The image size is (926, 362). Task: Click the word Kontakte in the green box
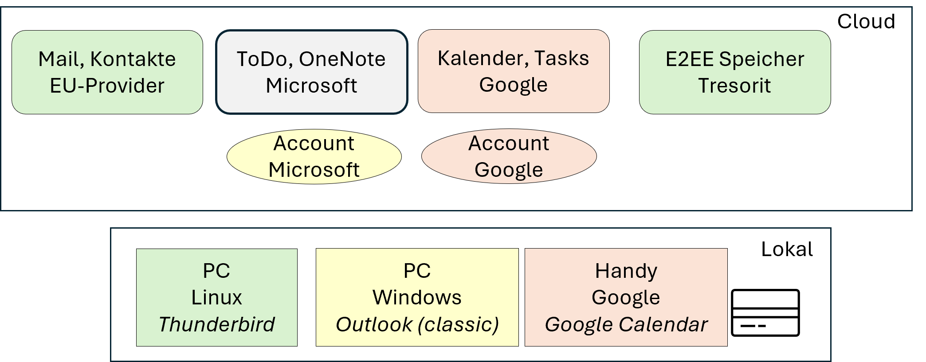[x=133, y=59]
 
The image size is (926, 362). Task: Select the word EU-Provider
[x=107, y=86]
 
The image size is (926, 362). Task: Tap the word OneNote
[x=342, y=59]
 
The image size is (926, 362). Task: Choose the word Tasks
[x=561, y=58]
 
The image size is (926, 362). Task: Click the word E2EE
[x=689, y=59]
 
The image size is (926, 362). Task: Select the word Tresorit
[x=734, y=86]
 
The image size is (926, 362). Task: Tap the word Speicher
[x=761, y=59]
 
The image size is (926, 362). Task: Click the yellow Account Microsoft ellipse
[x=314, y=156]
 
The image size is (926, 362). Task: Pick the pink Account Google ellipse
[x=509, y=156]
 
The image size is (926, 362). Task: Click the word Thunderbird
[x=216, y=324]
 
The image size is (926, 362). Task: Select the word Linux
[x=216, y=297]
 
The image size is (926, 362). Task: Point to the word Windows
[x=417, y=297]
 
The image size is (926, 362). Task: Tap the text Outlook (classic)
[x=417, y=324]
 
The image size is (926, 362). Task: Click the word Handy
[x=626, y=271]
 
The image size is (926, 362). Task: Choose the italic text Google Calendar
[x=626, y=324]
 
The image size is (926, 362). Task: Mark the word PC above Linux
[x=216, y=271]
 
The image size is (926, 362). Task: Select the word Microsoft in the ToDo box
[x=311, y=86]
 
